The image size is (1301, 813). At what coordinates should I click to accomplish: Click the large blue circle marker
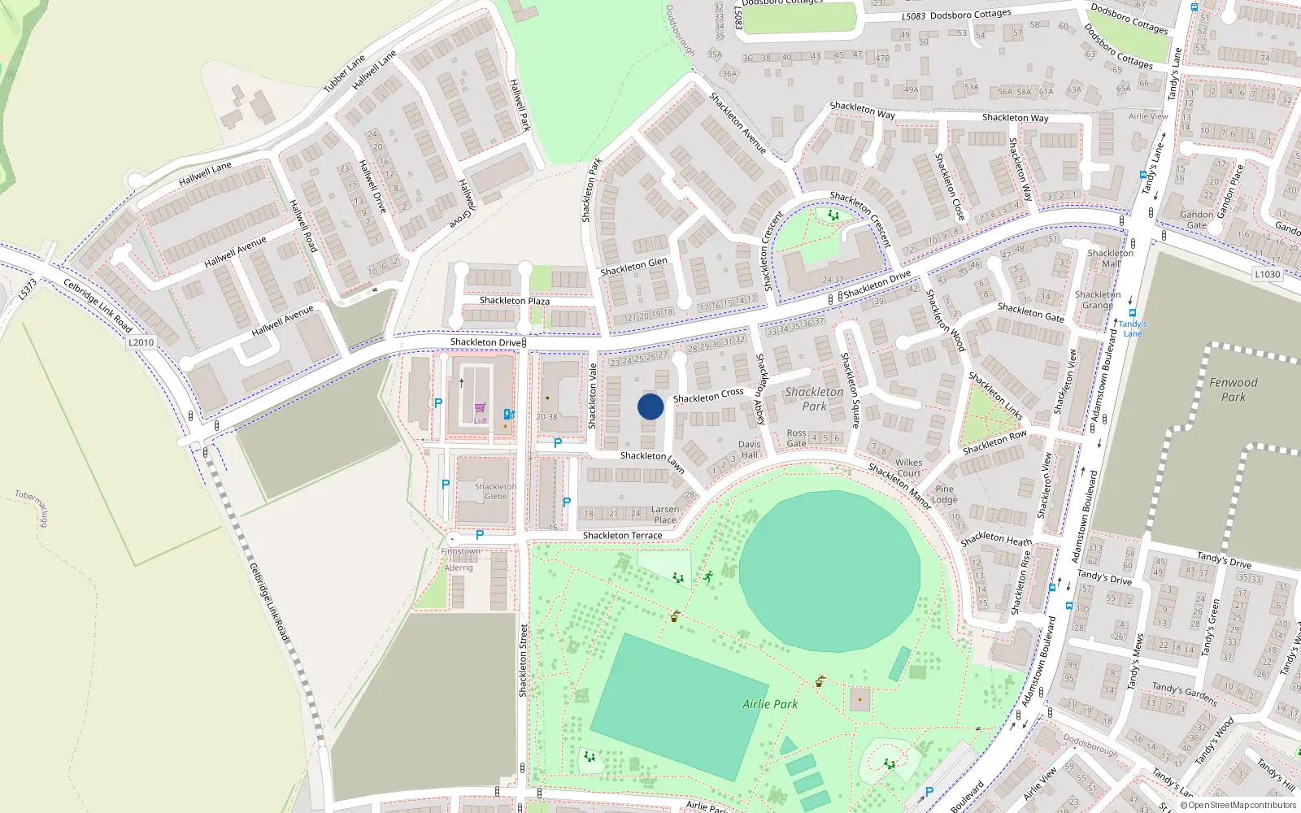(x=650, y=406)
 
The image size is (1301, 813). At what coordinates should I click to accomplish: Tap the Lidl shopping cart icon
(x=480, y=408)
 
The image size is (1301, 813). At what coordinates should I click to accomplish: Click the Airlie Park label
(x=770, y=704)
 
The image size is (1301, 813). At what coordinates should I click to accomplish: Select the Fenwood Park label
(x=1233, y=389)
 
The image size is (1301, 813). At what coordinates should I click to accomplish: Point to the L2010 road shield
(x=141, y=342)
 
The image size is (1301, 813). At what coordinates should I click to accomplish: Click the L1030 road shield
(x=1267, y=274)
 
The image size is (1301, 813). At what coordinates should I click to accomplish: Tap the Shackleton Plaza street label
(x=514, y=301)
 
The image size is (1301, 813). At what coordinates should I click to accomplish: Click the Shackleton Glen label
(x=633, y=267)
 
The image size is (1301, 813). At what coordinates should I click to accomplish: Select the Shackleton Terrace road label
(x=622, y=535)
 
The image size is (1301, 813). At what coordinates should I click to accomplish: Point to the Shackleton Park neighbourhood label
(x=814, y=398)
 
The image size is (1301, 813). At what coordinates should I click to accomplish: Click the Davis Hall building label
(x=749, y=450)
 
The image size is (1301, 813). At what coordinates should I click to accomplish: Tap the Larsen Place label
(x=664, y=515)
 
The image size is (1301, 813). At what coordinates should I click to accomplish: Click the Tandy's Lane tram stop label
(x=1132, y=328)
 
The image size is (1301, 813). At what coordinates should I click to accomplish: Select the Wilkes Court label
(x=908, y=467)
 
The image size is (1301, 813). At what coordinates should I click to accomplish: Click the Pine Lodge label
(x=944, y=494)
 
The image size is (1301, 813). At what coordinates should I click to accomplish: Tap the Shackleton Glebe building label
(x=495, y=491)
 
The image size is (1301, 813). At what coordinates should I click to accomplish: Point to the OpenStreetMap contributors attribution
(x=1238, y=805)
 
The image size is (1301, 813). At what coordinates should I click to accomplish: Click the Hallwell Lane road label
(x=205, y=172)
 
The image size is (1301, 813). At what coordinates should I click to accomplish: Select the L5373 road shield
(x=28, y=289)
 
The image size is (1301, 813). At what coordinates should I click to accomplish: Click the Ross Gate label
(x=796, y=438)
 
